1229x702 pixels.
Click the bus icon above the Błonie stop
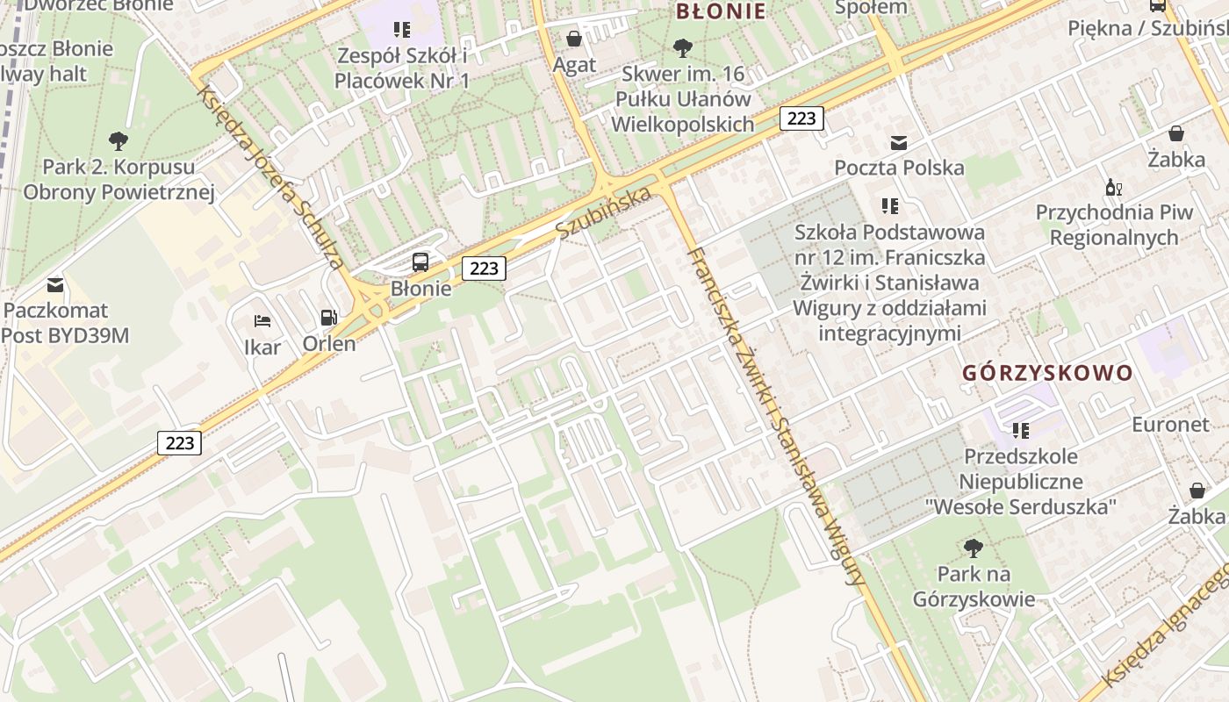420,261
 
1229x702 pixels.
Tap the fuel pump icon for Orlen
328,317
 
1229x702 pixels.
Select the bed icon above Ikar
262,321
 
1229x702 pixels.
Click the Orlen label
329,343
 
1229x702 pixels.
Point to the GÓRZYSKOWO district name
1047,373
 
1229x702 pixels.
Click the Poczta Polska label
899,168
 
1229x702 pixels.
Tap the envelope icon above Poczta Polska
899,142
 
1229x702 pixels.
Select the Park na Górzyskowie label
974,587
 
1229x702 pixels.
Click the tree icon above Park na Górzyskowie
973,548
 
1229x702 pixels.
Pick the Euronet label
1170,425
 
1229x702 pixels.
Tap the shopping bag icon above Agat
574,39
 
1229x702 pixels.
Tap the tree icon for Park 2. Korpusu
119,140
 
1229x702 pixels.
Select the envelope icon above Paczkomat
55,284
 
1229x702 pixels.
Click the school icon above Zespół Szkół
402,30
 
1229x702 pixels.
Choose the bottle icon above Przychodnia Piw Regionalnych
1114,187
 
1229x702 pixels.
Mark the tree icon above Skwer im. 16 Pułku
682,47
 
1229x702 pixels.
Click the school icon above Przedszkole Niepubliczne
1020,430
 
